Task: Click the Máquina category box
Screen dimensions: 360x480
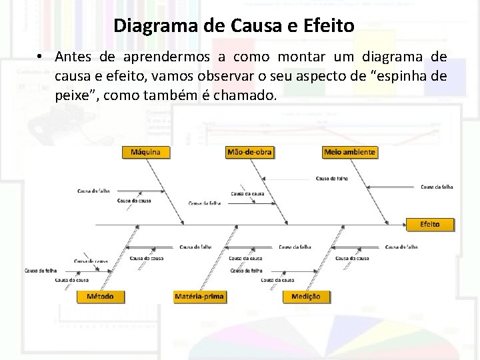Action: (145, 152)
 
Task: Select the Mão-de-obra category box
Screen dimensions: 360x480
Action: (249, 152)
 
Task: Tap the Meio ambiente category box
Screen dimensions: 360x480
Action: (349, 152)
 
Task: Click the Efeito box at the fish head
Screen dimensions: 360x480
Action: (430, 224)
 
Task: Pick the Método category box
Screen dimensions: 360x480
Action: (100, 296)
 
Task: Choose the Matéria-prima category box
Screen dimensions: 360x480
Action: (199, 296)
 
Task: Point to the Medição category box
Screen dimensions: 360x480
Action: (306, 296)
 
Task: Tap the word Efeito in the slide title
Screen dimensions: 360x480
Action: (329, 27)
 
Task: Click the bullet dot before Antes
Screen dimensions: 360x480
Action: (41, 57)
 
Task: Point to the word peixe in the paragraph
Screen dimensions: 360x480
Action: (75, 95)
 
